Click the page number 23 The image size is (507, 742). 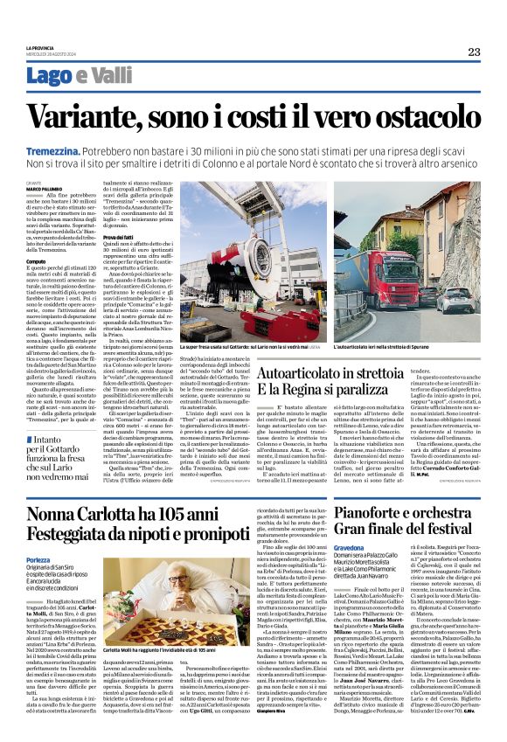pyautogui.click(x=474, y=52)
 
